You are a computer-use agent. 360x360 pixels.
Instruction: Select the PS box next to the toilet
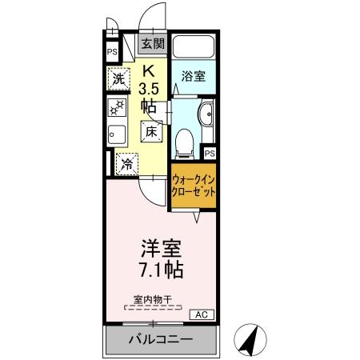[210, 153]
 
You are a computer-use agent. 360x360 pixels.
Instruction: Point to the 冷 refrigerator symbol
[127, 164]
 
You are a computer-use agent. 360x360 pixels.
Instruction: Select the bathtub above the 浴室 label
[193, 48]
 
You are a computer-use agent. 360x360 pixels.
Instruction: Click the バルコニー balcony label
[161, 340]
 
